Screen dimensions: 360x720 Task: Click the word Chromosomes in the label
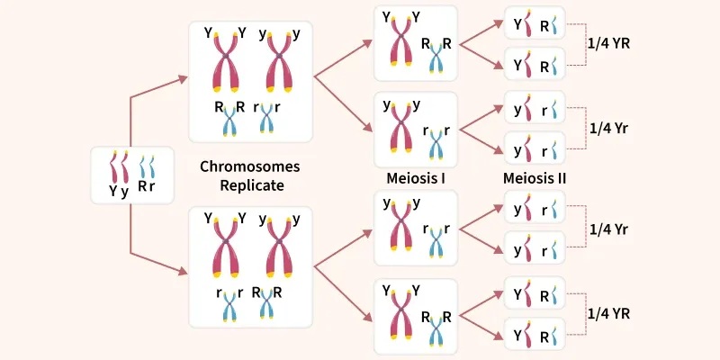coord(249,166)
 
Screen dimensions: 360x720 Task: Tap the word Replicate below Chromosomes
coord(249,185)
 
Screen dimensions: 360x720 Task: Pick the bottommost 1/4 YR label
coord(609,313)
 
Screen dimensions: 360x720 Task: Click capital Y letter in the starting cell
coord(113,190)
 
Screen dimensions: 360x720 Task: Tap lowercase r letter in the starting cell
coord(151,190)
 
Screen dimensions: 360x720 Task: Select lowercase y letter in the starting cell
coord(125,191)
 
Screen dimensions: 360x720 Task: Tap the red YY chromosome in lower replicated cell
coord(224,247)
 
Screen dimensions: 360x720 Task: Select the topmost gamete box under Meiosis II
coord(535,25)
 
